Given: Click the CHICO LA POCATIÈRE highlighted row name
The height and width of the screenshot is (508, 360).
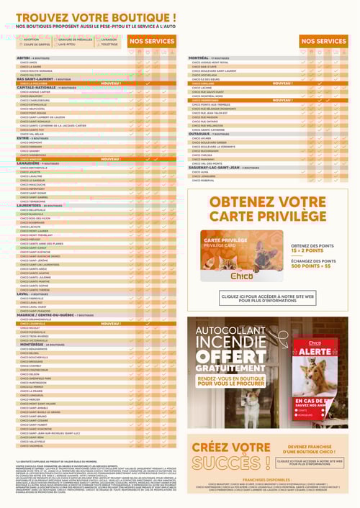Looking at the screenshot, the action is point(36,83).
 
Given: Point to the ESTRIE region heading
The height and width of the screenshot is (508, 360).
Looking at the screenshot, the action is point(23,137).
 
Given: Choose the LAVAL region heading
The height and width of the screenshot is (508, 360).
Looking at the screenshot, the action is point(22,293).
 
